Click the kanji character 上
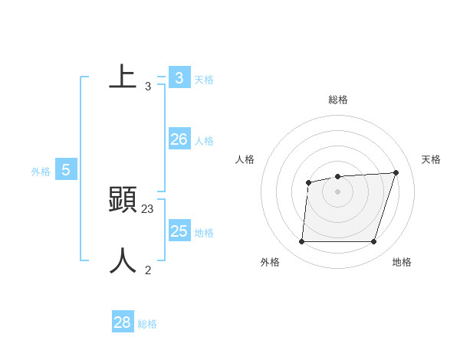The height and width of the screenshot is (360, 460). [x=123, y=77]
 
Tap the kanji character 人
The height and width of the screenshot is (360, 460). [x=123, y=261]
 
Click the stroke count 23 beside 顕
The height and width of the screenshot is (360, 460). [x=148, y=208]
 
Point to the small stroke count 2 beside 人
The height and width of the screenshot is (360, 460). [x=148, y=270]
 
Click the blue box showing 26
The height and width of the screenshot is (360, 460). [x=179, y=139]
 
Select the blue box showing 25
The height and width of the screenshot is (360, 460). [x=179, y=231]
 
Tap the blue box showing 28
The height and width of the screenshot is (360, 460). [x=123, y=322]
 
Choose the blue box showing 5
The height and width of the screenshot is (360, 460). [x=66, y=170]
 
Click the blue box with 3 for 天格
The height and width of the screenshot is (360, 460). [x=179, y=77]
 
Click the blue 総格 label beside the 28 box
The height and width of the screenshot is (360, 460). [x=147, y=324]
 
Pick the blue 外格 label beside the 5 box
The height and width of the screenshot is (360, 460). [x=41, y=172]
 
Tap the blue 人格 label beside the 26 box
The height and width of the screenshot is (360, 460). [x=204, y=141]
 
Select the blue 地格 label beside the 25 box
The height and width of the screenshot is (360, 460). [x=204, y=233]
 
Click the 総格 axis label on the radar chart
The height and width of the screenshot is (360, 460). [x=338, y=100]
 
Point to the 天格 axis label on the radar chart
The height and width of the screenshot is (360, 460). [x=431, y=159]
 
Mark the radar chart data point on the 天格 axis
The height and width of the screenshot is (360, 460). [x=396, y=172]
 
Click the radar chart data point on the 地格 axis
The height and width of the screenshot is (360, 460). [x=373, y=242]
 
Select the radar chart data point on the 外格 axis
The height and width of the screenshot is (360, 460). [x=301, y=242]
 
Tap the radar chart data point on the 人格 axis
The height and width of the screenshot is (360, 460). [x=308, y=182]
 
